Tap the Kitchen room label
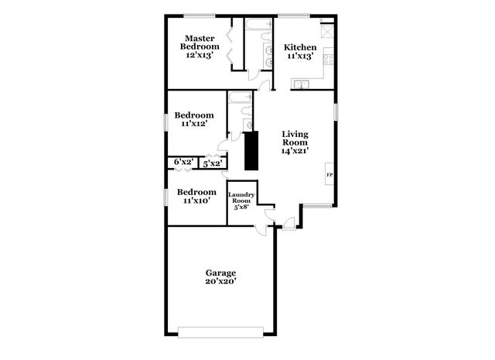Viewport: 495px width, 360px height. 299,47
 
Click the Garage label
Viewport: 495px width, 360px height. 220,273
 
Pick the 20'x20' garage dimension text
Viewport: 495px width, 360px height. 220,282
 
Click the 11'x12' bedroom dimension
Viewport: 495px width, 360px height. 194,124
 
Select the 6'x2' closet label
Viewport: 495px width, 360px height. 183,162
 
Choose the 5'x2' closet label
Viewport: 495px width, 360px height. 212,163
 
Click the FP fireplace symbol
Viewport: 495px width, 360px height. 329,175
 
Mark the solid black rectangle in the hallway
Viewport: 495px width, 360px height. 251,151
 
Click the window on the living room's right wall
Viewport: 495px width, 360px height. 336,111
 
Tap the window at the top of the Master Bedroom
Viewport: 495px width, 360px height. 200,15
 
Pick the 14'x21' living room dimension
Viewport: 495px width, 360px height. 295,152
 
